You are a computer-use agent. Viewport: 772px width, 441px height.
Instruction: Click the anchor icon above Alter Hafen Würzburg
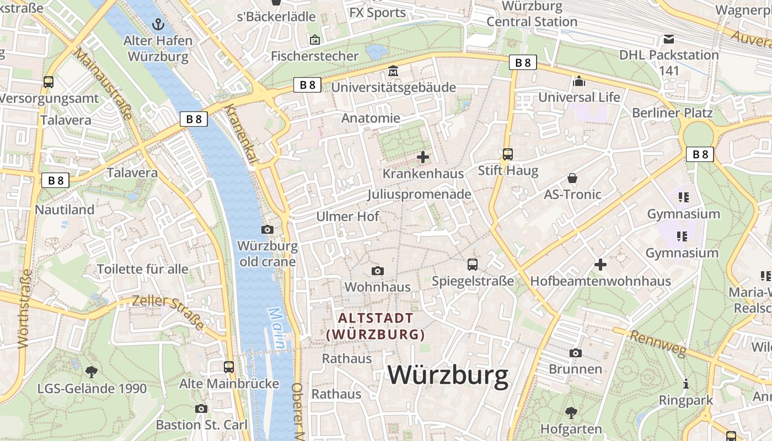158,24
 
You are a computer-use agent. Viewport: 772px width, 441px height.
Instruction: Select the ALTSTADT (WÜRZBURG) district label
376,326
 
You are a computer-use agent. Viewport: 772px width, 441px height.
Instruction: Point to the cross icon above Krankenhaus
423,158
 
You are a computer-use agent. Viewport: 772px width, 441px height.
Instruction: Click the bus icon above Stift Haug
508,154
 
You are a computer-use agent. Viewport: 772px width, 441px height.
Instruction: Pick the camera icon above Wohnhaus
378,271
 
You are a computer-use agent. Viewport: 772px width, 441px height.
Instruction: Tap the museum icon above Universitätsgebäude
393,71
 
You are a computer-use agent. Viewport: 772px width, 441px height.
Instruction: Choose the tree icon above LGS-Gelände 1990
92,372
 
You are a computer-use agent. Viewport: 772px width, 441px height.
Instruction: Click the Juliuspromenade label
419,194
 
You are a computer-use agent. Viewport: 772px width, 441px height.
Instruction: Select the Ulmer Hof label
347,216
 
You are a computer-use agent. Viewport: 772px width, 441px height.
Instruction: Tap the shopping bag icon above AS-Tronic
572,178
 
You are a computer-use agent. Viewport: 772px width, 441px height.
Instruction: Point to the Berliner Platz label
672,113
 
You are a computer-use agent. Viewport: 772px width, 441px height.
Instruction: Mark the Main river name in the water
277,329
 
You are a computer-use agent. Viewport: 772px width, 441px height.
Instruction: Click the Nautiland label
65,209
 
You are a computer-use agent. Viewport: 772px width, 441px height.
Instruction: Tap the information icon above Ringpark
686,384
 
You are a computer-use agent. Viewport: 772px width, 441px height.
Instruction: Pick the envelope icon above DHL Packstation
669,39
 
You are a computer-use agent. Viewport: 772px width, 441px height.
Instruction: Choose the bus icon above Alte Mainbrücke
229,367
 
